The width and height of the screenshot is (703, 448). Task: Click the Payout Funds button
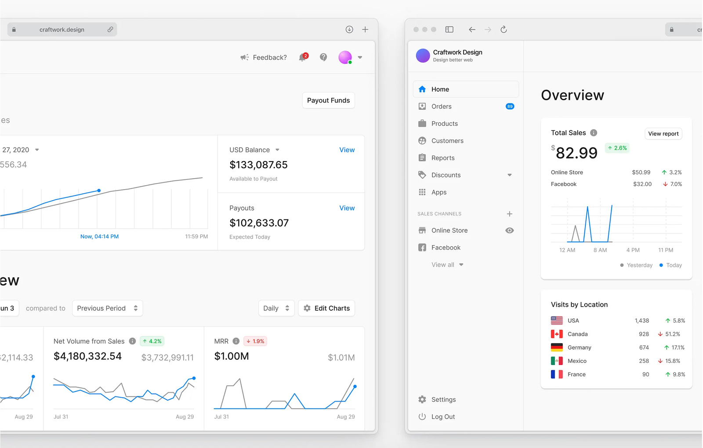tap(328, 100)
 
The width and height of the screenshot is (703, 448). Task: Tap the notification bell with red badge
tap(303, 57)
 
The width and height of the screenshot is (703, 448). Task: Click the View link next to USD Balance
tap(347, 150)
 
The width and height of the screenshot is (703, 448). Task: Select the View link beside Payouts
tap(347, 208)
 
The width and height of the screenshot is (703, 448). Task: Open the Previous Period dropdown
tap(107, 308)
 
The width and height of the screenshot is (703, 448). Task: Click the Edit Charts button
tap(326, 308)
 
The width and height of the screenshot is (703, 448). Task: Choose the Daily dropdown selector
tap(276, 308)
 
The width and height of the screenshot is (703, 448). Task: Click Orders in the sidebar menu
tap(441, 107)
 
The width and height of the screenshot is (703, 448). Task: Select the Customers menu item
tap(447, 141)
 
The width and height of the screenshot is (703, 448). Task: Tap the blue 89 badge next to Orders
tap(510, 107)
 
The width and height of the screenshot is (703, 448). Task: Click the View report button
tap(663, 134)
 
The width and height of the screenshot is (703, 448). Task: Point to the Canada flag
tap(557, 334)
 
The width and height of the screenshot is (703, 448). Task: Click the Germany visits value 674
tap(644, 348)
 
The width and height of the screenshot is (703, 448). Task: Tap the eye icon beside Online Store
tap(510, 230)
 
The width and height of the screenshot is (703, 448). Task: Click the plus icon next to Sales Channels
tap(510, 214)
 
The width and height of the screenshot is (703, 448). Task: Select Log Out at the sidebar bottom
tap(443, 417)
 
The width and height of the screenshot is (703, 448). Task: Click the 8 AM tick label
tap(600, 250)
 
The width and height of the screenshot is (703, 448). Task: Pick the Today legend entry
tap(670, 265)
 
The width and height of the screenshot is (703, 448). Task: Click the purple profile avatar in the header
tap(345, 57)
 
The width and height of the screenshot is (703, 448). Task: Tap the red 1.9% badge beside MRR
tap(255, 341)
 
